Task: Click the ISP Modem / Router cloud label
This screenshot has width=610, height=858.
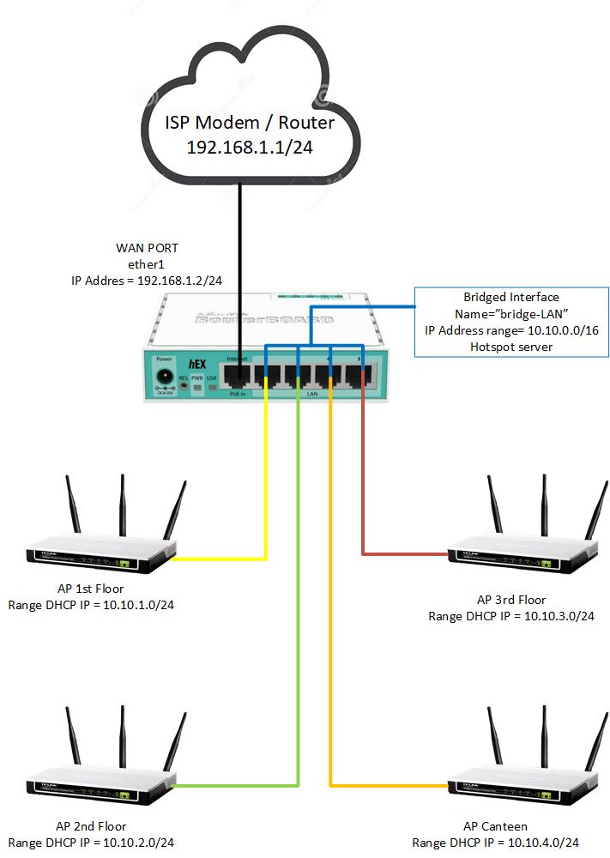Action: point(250,122)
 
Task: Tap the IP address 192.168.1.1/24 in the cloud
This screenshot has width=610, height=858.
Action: point(250,147)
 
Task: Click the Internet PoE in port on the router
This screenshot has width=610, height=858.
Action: point(238,375)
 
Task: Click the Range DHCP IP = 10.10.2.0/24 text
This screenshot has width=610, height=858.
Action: point(91,843)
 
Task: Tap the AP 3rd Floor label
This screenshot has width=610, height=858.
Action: point(511,600)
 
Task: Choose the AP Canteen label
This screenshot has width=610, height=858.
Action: point(495,826)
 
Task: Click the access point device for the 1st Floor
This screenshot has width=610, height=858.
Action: point(101,553)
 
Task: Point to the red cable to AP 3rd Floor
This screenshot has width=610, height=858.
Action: point(364,480)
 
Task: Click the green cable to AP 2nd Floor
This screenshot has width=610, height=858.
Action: point(298,601)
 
